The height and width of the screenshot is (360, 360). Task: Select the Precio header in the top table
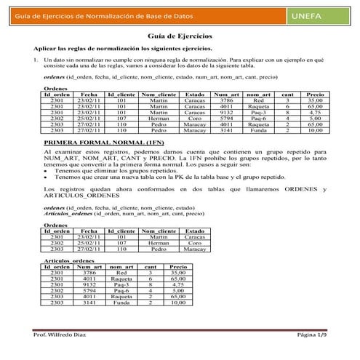[315, 95]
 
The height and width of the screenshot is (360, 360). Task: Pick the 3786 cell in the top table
[226, 100]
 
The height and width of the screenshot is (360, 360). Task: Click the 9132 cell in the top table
[226, 112]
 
